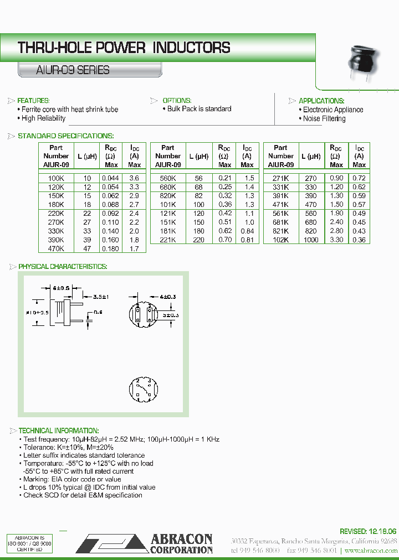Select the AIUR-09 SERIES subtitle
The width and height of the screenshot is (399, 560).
[x=73, y=70]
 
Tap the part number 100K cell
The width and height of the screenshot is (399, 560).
[x=57, y=178]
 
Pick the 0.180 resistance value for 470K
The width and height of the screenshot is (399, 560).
[x=110, y=248]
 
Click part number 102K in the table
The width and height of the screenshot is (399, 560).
[x=281, y=240]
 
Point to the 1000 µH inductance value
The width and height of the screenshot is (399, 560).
[x=311, y=240]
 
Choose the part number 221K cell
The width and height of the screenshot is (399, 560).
[x=168, y=240]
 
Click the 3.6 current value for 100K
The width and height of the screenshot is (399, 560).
[x=134, y=178]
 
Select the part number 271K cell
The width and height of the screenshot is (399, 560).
[x=281, y=178]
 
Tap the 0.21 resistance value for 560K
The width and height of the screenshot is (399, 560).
[x=224, y=178]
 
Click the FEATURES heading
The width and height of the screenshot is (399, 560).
[x=33, y=101]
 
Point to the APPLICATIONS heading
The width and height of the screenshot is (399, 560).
[x=321, y=101]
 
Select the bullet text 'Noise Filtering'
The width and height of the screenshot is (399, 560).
[x=324, y=118]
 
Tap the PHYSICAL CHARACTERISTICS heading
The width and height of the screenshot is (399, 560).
[x=63, y=267]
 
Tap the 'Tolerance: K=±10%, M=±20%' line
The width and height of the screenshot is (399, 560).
[x=68, y=447]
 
